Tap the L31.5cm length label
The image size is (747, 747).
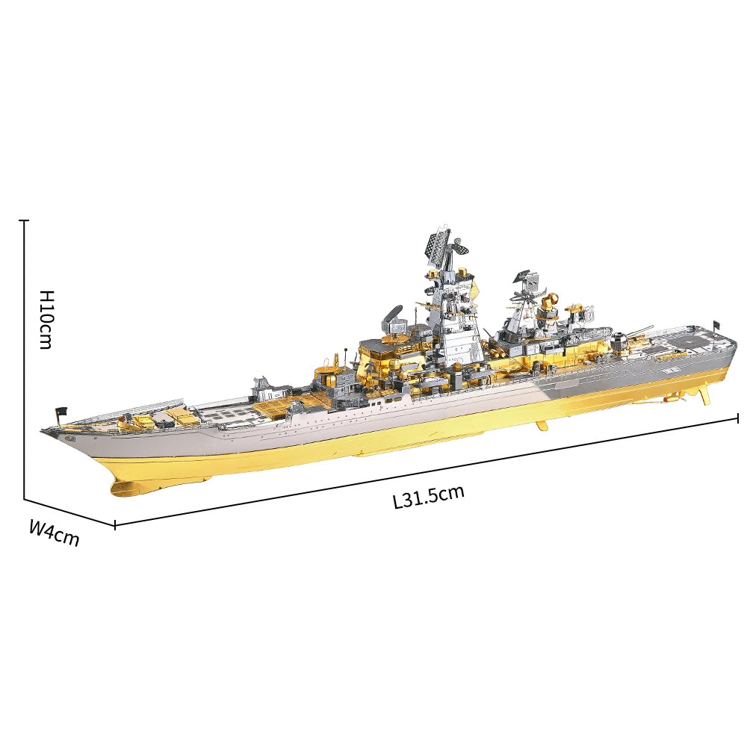click(x=429, y=496)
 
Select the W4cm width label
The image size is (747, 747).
click(x=54, y=533)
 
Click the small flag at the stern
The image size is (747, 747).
click(x=716, y=323)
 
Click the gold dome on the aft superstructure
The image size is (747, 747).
click(x=551, y=300)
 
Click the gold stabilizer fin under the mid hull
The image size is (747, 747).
click(x=542, y=426)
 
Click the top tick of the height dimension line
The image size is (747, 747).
click(x=24, y=221)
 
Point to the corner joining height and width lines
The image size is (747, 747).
click(x=24, y=499)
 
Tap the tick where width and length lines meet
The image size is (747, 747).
click(x=114, y=524)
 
